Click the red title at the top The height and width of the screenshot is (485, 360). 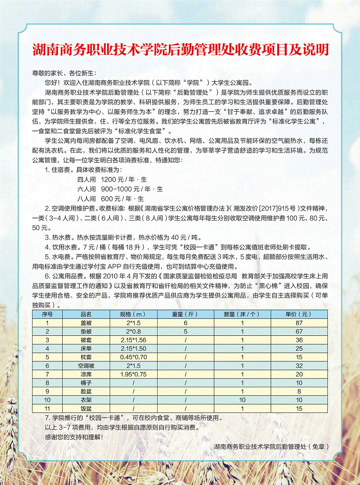coord(180,50)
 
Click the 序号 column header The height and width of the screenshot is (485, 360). coord(47,314)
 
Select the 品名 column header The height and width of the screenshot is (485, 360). coord(86,314)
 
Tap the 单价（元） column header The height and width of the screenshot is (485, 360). coord(299,314)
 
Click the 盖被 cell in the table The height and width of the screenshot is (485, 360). coord(86,323)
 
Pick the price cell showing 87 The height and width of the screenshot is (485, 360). coord(299,323)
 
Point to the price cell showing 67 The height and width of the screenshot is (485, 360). coord(299,331)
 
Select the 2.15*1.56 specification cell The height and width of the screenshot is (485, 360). coord(133,340)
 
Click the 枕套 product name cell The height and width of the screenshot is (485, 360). coord(86,357)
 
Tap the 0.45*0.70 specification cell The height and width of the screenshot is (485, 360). coord(133,357)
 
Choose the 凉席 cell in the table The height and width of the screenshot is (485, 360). coord(86,374)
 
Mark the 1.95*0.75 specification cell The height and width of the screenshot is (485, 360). coord(133,374)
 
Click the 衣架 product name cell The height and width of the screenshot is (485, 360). coord(86,400)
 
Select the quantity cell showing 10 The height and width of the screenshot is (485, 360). coord(242,400)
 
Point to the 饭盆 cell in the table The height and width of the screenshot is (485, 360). coord(86,408)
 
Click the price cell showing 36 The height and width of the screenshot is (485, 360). coord(299,340)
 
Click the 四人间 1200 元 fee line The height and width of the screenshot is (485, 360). coord(112,179)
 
